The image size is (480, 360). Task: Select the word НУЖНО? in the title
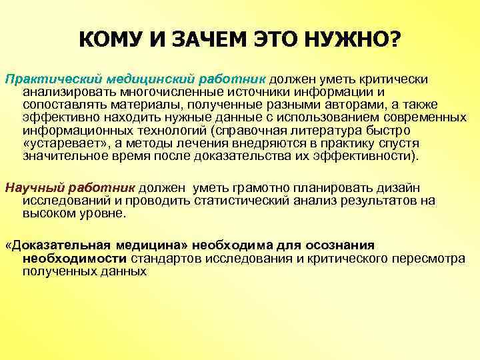(x=363, y=42)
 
